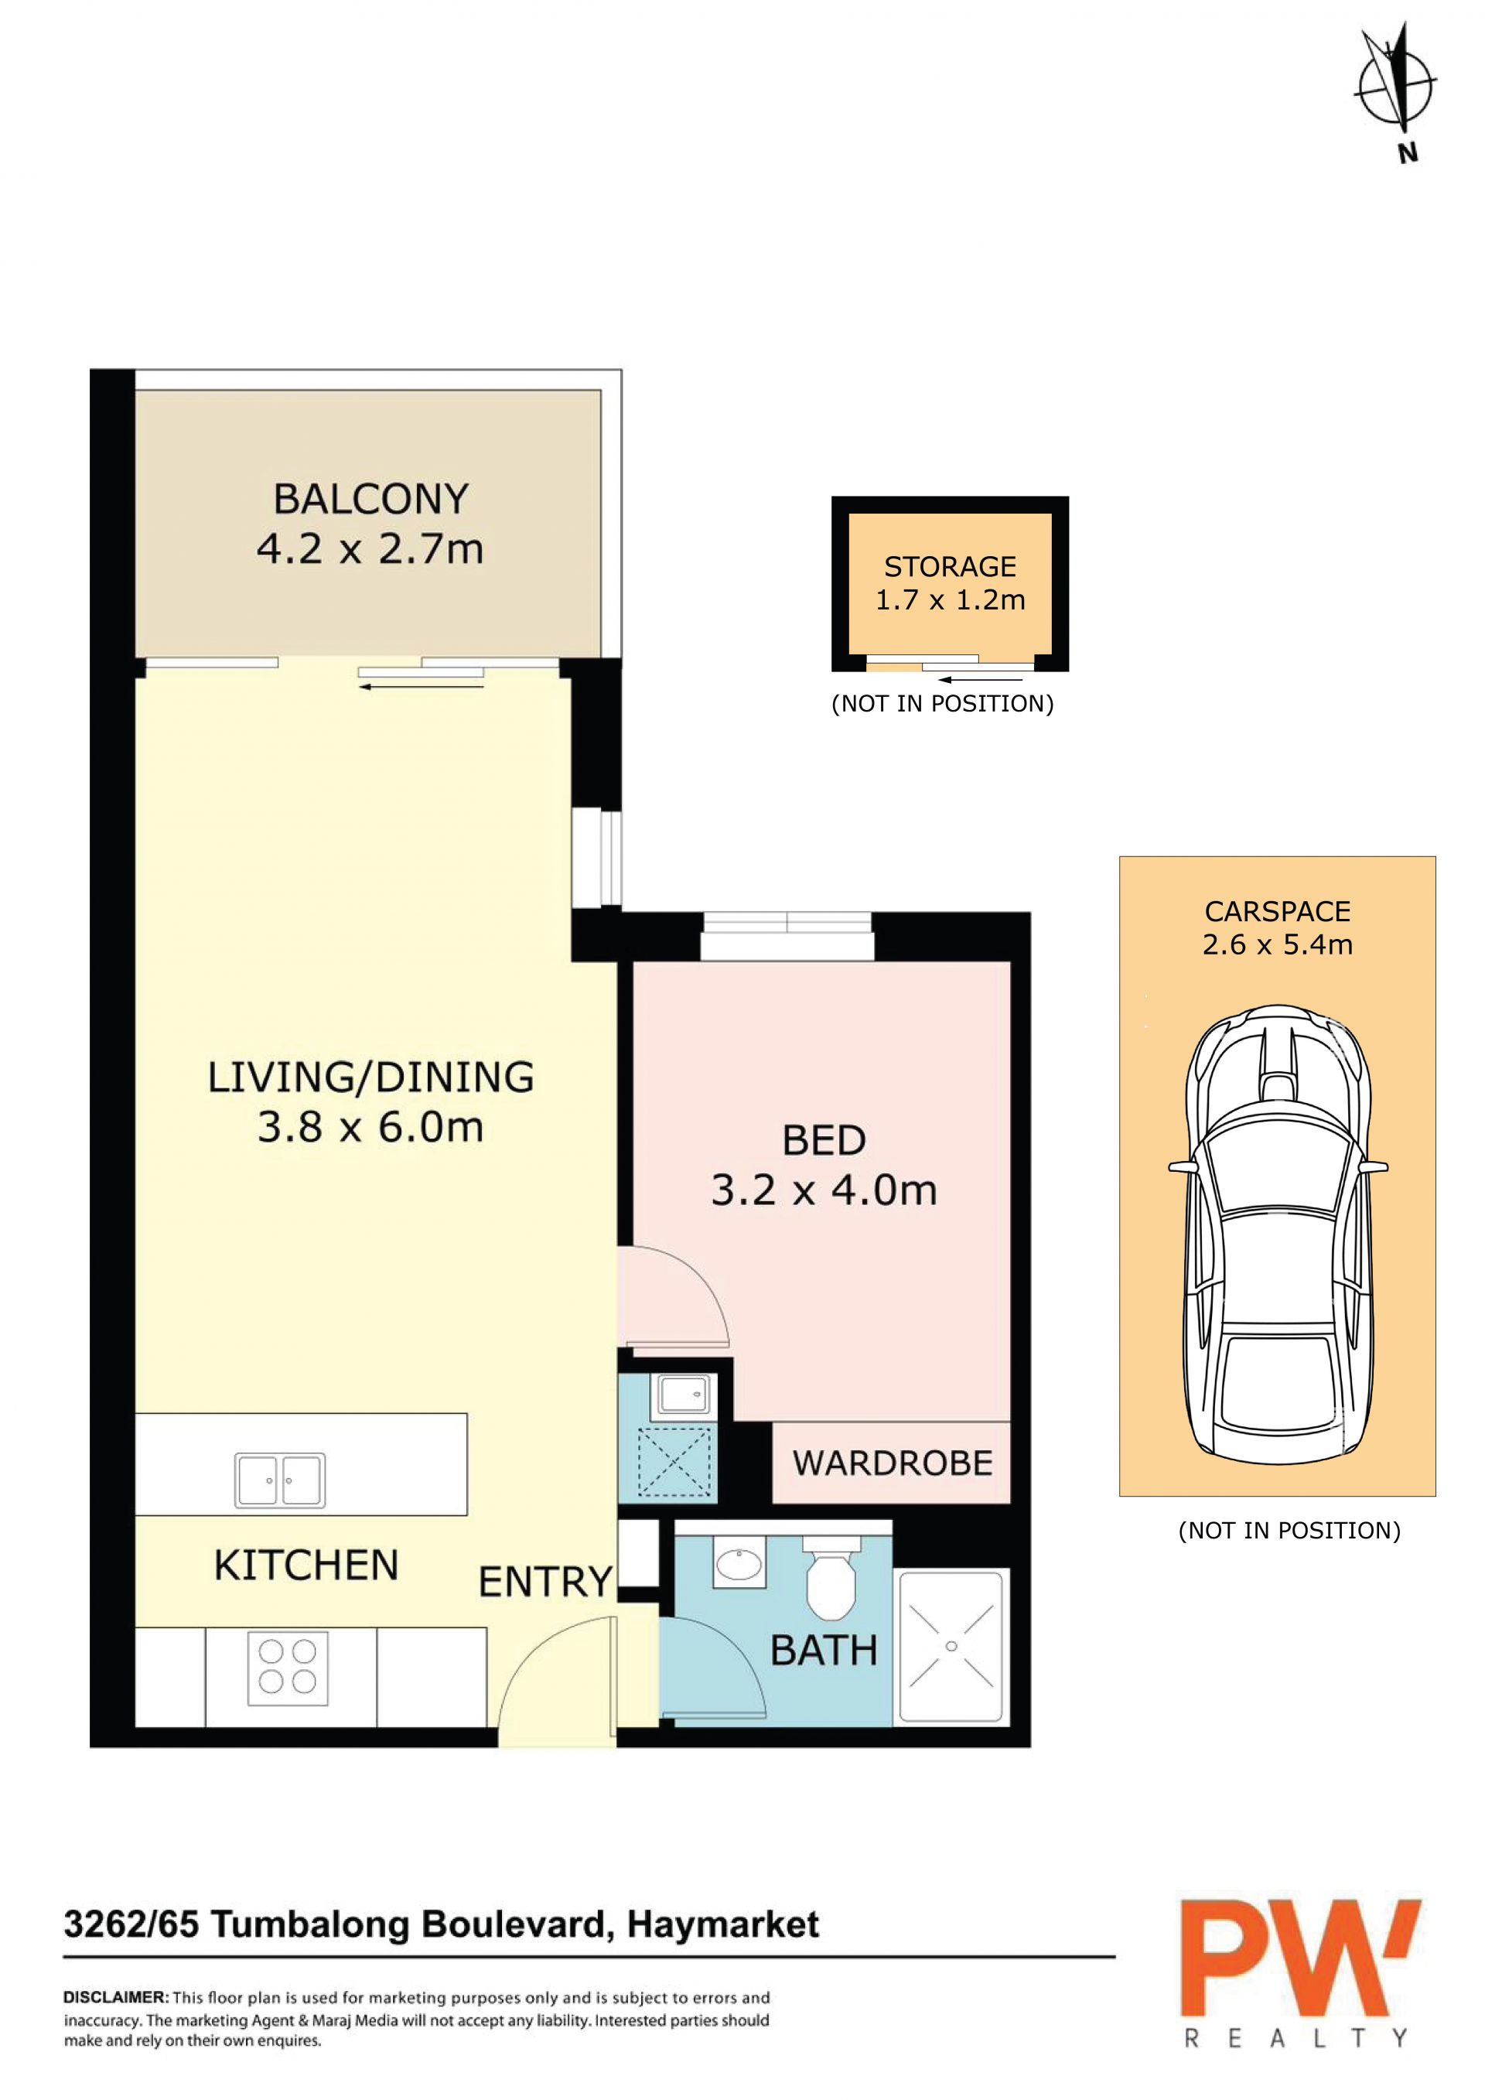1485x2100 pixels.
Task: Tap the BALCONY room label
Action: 371,500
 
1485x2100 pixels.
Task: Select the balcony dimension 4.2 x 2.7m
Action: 370,548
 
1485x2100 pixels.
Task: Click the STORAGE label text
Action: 950,567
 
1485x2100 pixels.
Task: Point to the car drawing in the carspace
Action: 1278,1234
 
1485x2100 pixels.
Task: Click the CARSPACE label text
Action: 1278,912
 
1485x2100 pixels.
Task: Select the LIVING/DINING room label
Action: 370,1077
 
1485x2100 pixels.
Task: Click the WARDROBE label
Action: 893,1463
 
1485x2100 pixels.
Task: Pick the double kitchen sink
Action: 280,1480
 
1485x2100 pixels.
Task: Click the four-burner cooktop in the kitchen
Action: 287,1668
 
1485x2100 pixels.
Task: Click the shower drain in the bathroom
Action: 951,1646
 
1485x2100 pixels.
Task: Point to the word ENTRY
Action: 545,1583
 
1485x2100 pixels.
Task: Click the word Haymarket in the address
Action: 723,1924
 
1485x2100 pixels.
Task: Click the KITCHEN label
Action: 306,1566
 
